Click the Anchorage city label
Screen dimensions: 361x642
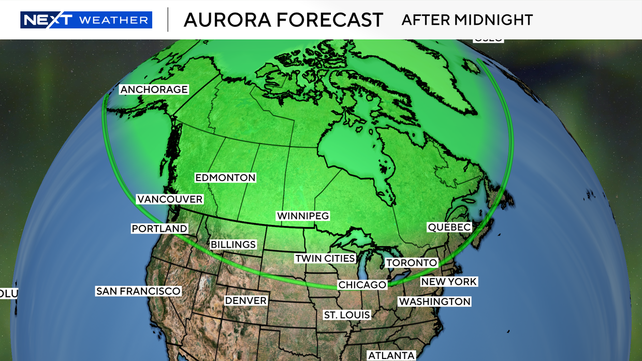tap(154, 89)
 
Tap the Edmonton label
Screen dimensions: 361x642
tap(225, 178)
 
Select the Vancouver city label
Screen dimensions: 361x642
tap(170, 199)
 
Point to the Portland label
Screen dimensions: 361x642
tap(159, 229)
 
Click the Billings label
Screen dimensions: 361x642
tap(233, 245)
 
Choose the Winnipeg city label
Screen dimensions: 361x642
tap(303, 216)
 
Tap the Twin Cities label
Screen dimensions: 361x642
tap(325, 258)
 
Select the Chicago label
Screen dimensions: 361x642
tap(362, 285)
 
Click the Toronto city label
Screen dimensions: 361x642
tap(412, 263)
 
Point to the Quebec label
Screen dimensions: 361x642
tap(449, 227)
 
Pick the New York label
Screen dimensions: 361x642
tap(449, 282)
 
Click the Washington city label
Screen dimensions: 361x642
tap(434, 302)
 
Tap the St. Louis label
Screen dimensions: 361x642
tap(347, 315)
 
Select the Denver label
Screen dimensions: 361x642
tap(246, 300)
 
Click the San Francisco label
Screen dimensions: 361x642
tap(138, 291)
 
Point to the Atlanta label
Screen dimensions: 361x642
tap(391, 355)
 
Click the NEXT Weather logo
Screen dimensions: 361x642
tap(86, 20)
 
